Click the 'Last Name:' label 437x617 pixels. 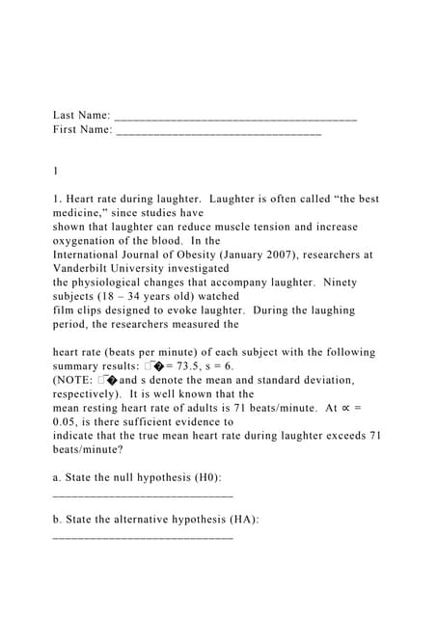click(81, 116)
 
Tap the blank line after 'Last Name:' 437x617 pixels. click(235, 118)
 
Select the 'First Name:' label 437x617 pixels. click(82, 129)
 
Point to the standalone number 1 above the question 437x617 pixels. click(56, 171)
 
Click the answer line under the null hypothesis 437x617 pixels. click(142, 494)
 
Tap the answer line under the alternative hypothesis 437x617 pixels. click(142, 535)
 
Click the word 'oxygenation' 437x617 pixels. click(89, 241)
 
